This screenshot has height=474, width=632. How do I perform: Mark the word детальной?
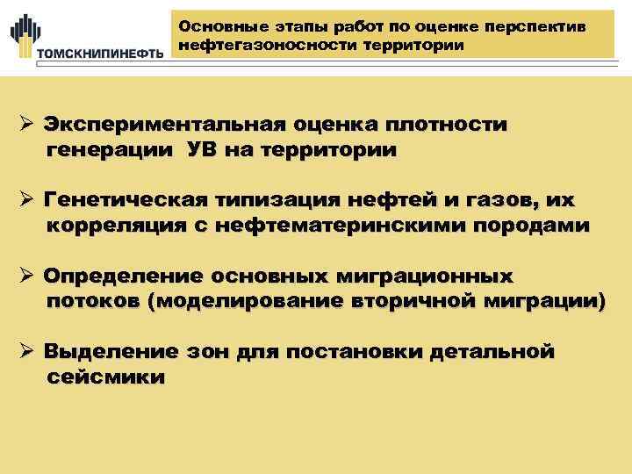[492, 353]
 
